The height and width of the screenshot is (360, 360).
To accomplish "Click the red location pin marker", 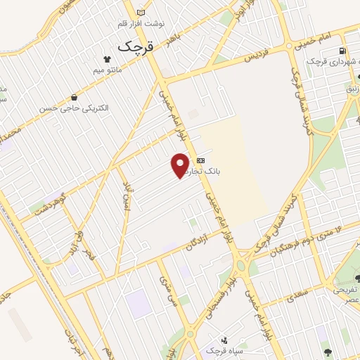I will (x=180, y=165).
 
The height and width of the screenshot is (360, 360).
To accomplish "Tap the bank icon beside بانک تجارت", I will (x=201, y=160).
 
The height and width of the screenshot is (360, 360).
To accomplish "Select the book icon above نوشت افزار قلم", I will (x=141, y=13).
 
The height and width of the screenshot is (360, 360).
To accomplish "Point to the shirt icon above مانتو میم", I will (x=108, y=60).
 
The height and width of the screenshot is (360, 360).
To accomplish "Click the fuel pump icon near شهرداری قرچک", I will (x=342, y=51).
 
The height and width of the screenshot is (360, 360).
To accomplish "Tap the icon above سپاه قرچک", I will (x=224, y=339).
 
